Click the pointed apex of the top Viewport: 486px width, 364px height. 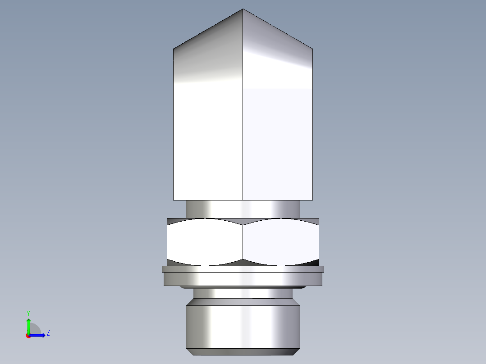point(243,9)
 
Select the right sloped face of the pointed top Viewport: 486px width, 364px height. point(277,59)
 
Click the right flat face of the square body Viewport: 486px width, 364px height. point(277,144)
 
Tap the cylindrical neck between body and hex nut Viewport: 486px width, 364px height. point(243,209)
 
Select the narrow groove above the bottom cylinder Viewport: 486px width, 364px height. point(243,294)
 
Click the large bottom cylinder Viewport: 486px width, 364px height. point(243,327)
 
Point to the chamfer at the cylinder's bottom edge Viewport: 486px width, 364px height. point(243,352)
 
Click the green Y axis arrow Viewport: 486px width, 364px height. point(28,324)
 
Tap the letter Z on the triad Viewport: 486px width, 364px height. point(48,333)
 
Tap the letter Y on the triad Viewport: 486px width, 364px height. point(28,313)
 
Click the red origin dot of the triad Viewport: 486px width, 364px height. point(28,336)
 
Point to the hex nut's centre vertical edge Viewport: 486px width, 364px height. point(243,242)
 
